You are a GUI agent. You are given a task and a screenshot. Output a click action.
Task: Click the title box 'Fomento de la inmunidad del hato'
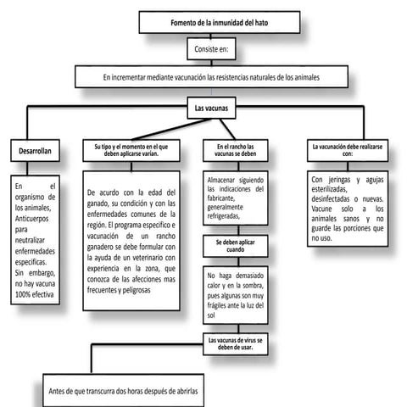point(220,22)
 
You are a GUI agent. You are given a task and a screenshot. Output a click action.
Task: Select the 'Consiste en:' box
point(211,49)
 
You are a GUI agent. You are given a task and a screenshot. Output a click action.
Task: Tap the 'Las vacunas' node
point(211,108)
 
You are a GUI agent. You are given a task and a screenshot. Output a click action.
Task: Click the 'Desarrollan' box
point(35,151)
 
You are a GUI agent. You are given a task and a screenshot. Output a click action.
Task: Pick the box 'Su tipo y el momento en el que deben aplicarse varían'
point(131,150)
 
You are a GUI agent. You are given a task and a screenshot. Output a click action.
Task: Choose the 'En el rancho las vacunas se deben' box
point(235,150)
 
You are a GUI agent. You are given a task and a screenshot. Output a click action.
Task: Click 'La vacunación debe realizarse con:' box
point(348,150)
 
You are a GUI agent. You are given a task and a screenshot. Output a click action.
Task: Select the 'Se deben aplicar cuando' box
point(235,246)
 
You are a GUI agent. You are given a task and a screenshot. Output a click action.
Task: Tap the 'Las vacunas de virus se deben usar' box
point(235,344)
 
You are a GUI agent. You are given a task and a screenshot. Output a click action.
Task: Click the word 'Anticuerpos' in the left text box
point(31,219)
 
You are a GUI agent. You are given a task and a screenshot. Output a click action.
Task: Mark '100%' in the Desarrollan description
point(22,294)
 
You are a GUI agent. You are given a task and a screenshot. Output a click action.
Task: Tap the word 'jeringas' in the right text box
point(339,180)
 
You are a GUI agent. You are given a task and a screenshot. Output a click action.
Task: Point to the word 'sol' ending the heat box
point(211,315)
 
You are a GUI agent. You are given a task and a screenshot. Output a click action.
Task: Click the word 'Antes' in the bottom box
point(57,391)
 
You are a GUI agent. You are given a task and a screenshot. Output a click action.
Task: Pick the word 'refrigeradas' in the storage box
point(223,216)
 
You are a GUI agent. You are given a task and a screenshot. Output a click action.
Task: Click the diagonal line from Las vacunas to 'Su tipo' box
point(171,129)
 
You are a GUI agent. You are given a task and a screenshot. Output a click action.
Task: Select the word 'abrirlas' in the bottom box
point(187,391)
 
